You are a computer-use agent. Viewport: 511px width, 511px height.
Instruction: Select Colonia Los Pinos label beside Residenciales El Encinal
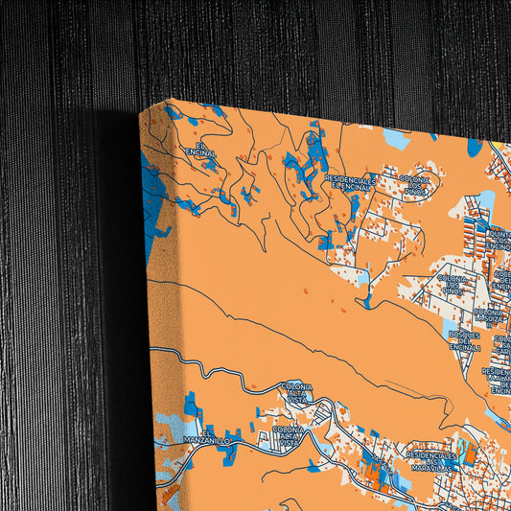coord(415,183)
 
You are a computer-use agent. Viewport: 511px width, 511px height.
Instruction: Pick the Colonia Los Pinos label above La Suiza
coord(453,284)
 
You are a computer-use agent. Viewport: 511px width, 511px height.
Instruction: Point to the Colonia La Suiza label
coord(488,314)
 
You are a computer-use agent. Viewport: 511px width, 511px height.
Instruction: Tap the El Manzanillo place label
coord(202,436)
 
